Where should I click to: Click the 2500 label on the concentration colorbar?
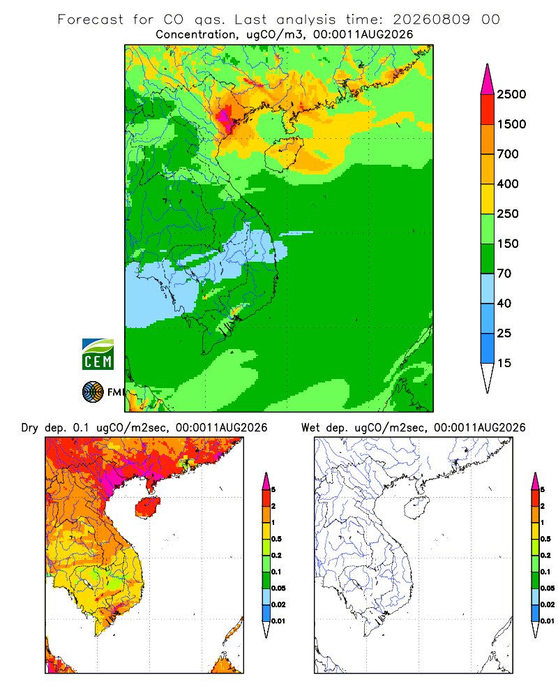click(x=511, y=94)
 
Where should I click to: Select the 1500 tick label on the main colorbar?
click(x=511, y=124)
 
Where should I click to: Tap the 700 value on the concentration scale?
click(x=508, y=154)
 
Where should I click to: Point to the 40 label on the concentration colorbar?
click(x=504, y=303)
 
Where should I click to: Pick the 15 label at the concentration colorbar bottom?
click(x=504, y=363)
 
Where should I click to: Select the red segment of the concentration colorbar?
click(x=488, y=109)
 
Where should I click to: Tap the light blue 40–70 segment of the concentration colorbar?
click(x=488, y=288)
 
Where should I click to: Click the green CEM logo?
click(x=98, y=355)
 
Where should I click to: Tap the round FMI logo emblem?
click(x=93, y=392)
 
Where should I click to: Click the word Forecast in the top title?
click(x=91, y=20)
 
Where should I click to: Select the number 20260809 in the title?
click(x=431, y=20)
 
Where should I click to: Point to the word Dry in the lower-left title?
click(x=29, y=428)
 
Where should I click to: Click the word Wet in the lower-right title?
click(x=310, y=428)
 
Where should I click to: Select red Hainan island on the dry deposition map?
click(x=147, y=507)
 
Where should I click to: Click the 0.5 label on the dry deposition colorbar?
click(x=276, y=539)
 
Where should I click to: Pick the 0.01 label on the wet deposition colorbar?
click(x=548, y=621)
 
